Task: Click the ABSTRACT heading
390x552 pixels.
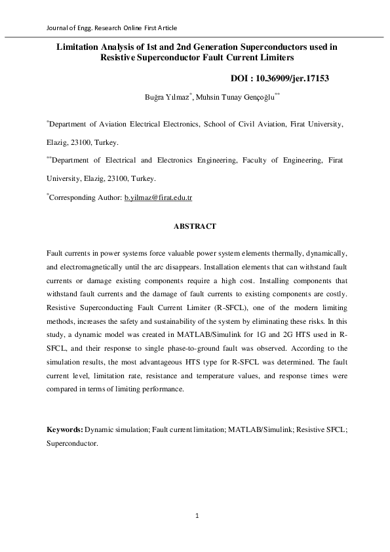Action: click(x=195, y=226)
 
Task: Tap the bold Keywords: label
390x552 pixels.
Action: click(x=64, y=429)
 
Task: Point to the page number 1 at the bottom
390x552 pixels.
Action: click(x=197, y=516)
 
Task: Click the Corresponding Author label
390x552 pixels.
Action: click(x=85, y=197)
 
